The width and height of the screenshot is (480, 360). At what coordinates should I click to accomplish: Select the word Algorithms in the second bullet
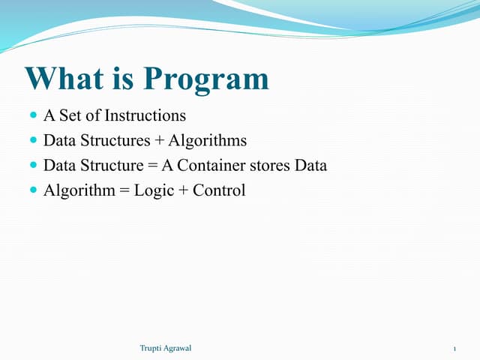(208, 141)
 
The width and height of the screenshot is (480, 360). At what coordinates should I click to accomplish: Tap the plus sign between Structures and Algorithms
(159, 141)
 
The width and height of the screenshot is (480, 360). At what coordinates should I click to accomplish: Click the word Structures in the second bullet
(114, 141)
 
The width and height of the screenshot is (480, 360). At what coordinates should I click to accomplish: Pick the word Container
(216, 166)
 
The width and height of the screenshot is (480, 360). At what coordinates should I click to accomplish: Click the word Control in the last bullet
(219, 190)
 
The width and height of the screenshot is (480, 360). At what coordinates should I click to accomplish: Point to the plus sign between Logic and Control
(183, 190)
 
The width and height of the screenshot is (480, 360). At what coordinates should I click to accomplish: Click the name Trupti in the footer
(152, 348)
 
